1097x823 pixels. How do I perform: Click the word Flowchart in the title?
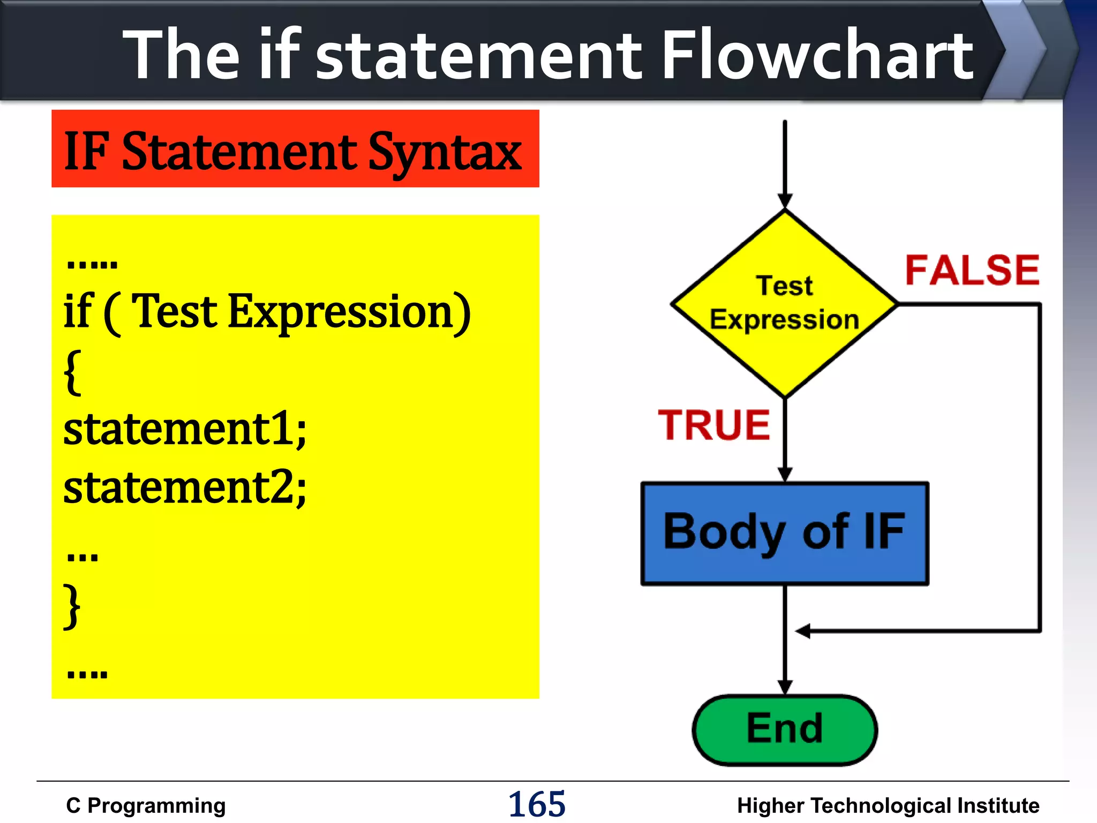click(817, 55)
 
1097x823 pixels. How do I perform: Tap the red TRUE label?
click(713, 425)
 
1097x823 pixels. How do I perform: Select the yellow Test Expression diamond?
click(785, 304)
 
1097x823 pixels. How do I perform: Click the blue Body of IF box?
click(785, 533)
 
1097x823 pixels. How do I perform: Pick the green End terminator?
click(785, 729)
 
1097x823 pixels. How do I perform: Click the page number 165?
click(536, 804)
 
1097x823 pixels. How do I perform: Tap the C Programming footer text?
click(146, 805)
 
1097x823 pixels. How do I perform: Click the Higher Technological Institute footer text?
click(888, 805)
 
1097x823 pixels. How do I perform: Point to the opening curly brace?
click(72, 372)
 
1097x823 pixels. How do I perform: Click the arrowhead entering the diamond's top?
click(785, 201)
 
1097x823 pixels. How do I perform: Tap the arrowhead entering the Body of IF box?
click(785, 474)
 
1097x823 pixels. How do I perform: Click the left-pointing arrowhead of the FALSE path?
click(802, 631)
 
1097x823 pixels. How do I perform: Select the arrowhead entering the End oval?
click(785, 687)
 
